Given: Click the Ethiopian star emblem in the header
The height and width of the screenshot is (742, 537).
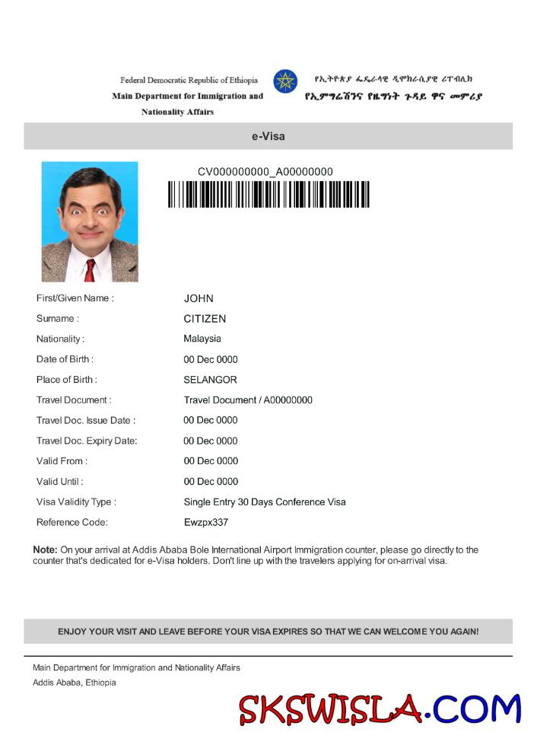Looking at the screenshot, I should [285, 81].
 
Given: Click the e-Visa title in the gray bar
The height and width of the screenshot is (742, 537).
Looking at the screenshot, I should [268, 137].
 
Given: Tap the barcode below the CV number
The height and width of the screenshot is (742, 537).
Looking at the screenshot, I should [268, 194].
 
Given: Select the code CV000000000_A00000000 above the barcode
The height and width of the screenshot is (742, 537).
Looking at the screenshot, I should [265, 172].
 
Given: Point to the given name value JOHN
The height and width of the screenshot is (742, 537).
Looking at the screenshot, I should [199, 298].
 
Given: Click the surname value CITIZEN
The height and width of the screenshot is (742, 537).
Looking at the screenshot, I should [205, 319].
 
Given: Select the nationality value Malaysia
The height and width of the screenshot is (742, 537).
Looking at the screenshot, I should [202, 339].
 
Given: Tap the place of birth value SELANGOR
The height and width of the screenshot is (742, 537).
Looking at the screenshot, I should [210, 380].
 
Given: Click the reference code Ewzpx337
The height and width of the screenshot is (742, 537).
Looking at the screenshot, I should [205, 523].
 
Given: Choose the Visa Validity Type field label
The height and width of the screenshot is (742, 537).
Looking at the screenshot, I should [76, 502].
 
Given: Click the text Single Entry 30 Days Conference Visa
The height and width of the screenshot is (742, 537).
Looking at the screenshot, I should [265, 502].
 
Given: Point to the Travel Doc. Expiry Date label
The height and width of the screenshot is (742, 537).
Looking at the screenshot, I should [87, 441].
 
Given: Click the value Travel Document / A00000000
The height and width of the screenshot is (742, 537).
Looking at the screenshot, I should [248, 400].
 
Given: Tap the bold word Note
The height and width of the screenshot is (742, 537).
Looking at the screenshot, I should [45, 549].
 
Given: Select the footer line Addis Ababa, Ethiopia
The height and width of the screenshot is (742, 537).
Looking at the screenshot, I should [75, 683].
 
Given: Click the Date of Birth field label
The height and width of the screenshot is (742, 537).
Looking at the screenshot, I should [65, 359].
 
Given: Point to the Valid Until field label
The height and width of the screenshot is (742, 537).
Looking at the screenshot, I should [59, 482].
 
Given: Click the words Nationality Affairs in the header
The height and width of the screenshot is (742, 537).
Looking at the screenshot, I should [177, 112].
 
